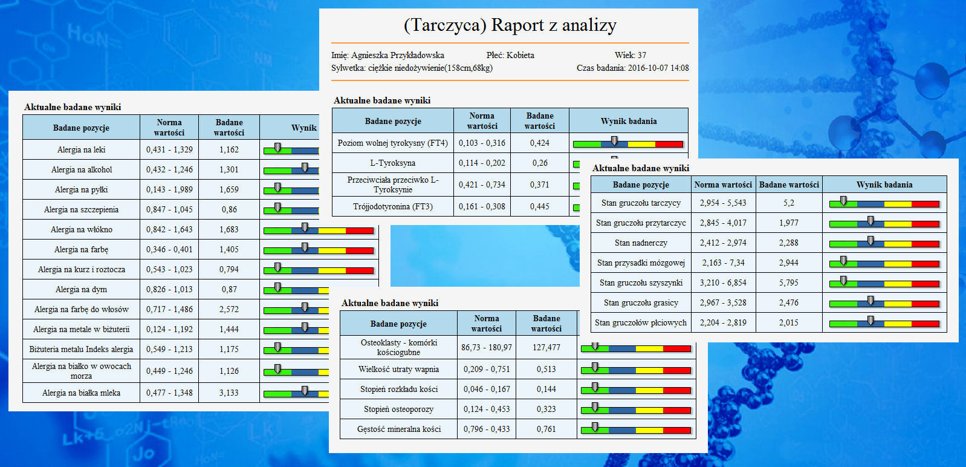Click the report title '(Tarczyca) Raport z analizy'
coord(510,25)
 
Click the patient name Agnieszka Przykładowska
coord(397,55)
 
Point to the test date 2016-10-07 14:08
coord(658,68)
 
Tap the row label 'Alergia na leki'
coord(81,149)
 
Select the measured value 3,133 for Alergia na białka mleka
coord(229,393)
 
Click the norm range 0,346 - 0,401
coord(169,249)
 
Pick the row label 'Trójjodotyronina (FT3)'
coord(393,206)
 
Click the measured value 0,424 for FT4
coord(539,143)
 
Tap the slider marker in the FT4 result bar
coord(614,141)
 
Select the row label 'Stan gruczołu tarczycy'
coord(641,203)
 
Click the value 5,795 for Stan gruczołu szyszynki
coord(788,282)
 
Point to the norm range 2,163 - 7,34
coord(723,263)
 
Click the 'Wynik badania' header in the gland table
coord(884,185)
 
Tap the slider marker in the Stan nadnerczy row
coord(870,241)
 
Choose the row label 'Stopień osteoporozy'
coord(398,409)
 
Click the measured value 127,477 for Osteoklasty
coord(546,347)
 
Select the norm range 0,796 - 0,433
coord(487,429)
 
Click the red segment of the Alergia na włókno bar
coord(359,230)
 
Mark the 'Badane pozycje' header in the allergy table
coord(81,128)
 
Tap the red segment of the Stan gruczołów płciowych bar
coord(925,324)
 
